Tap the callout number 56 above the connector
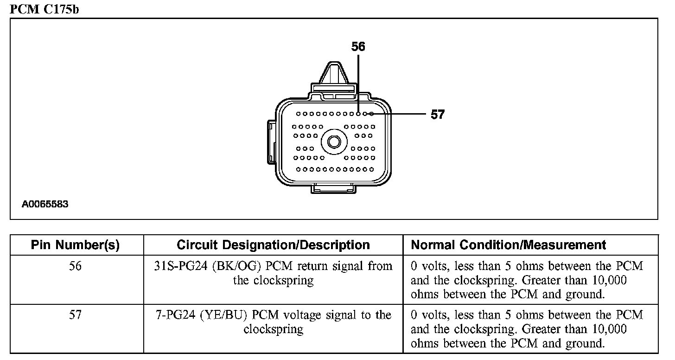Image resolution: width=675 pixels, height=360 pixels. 358,46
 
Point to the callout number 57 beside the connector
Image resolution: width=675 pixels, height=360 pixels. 438,115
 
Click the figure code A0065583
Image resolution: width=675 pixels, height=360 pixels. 45,204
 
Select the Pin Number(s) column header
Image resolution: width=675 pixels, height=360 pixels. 75,245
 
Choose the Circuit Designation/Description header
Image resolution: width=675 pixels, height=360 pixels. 273,245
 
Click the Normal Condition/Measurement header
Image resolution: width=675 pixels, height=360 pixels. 509,245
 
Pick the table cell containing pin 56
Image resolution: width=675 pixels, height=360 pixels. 75,266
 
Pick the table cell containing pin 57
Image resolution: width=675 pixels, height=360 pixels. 75,315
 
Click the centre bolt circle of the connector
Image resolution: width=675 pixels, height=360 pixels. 334,141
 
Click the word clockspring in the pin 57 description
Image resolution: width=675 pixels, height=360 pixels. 274,330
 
